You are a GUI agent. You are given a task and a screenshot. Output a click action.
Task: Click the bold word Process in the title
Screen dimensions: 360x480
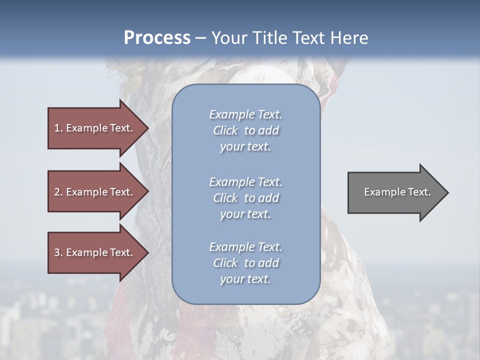click(157, 38)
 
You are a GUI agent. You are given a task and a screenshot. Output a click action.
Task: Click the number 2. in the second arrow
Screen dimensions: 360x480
click(58, 192)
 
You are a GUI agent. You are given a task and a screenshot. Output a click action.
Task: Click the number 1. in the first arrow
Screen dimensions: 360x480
click(58, 128)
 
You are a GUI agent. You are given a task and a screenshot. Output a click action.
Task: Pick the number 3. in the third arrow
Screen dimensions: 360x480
click(58, 252)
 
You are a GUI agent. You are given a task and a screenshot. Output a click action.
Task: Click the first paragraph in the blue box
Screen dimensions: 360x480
click(245, 130)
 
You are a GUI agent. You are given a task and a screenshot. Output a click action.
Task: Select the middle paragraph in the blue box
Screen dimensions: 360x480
click(245, 198)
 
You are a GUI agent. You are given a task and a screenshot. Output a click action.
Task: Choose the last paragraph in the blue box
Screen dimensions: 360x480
click(245, 263)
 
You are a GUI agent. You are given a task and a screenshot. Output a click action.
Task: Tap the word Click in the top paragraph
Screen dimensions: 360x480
click(225, 130)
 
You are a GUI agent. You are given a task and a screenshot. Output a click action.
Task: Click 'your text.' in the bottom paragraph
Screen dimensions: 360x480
click(245, 279)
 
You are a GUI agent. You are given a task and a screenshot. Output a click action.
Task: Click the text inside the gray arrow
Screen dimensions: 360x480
click(397, 192)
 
